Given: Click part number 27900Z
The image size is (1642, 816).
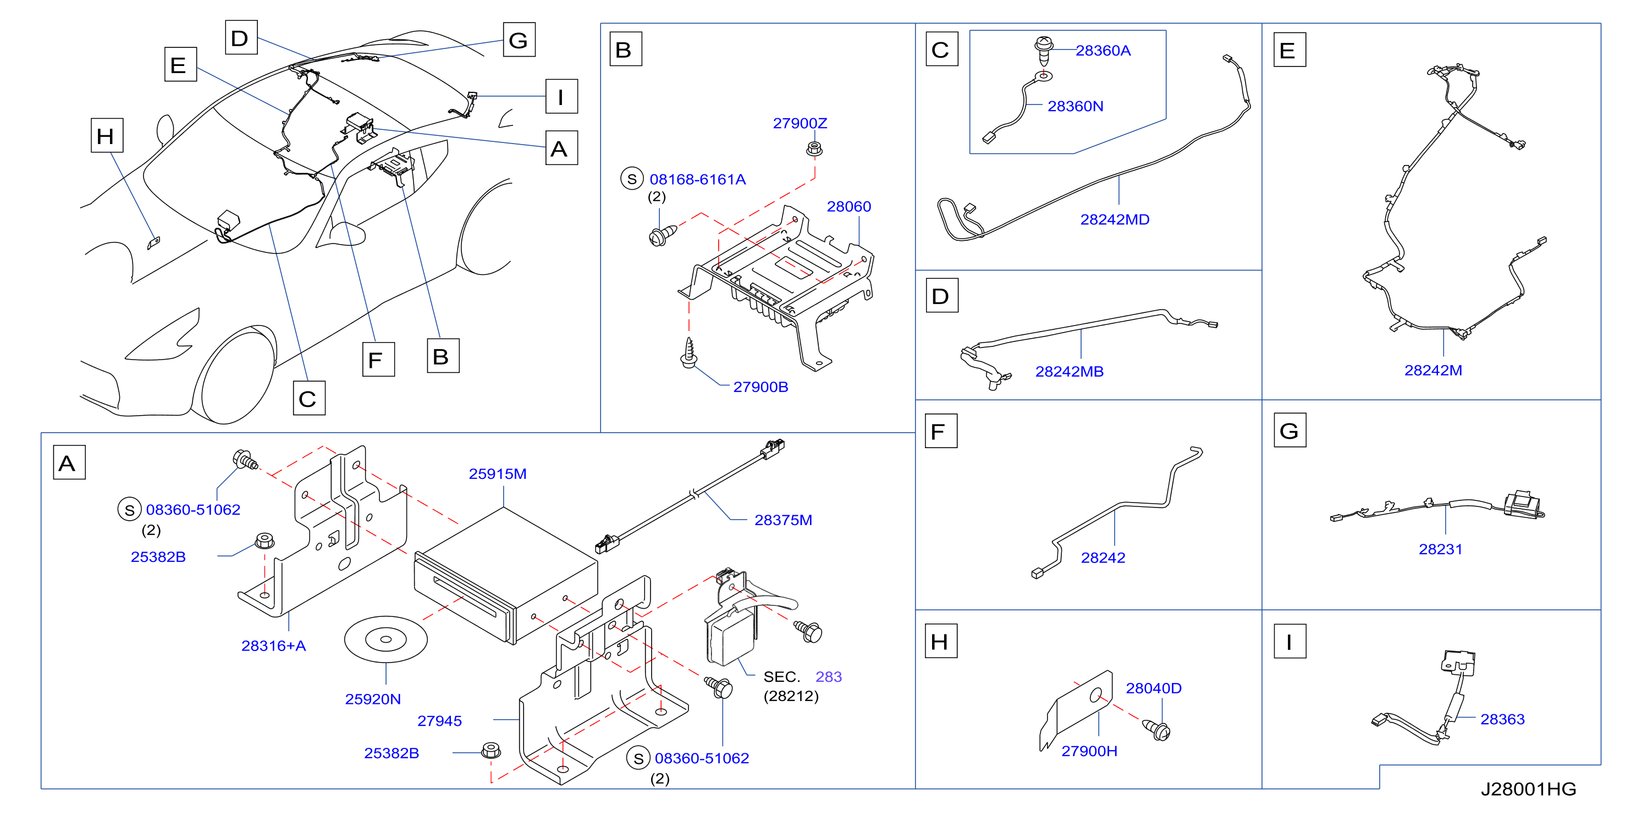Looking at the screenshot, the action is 800,123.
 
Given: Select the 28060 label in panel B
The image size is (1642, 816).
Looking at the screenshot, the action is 848,207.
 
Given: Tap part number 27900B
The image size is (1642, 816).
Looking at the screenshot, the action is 761,387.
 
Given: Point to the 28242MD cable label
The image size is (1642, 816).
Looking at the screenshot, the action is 1115,219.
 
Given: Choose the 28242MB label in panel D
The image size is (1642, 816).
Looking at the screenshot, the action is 1069,372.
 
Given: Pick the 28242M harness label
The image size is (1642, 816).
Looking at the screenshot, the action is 1433,371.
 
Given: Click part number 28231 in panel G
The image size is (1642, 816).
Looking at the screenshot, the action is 1440,549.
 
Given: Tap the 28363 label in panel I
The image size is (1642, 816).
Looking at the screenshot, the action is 1502,719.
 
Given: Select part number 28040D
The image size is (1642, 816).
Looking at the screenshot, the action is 1153,688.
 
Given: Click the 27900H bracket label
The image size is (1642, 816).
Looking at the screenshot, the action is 1089,751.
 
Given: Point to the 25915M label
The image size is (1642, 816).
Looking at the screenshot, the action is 497,473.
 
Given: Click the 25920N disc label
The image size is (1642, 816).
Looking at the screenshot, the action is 373,699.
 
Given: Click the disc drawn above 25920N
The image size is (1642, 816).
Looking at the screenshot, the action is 385,639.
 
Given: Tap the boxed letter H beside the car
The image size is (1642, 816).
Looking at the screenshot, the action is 107,136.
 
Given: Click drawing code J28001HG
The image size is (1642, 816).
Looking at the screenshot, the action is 1528,789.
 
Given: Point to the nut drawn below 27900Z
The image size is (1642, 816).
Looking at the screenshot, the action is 814,149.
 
